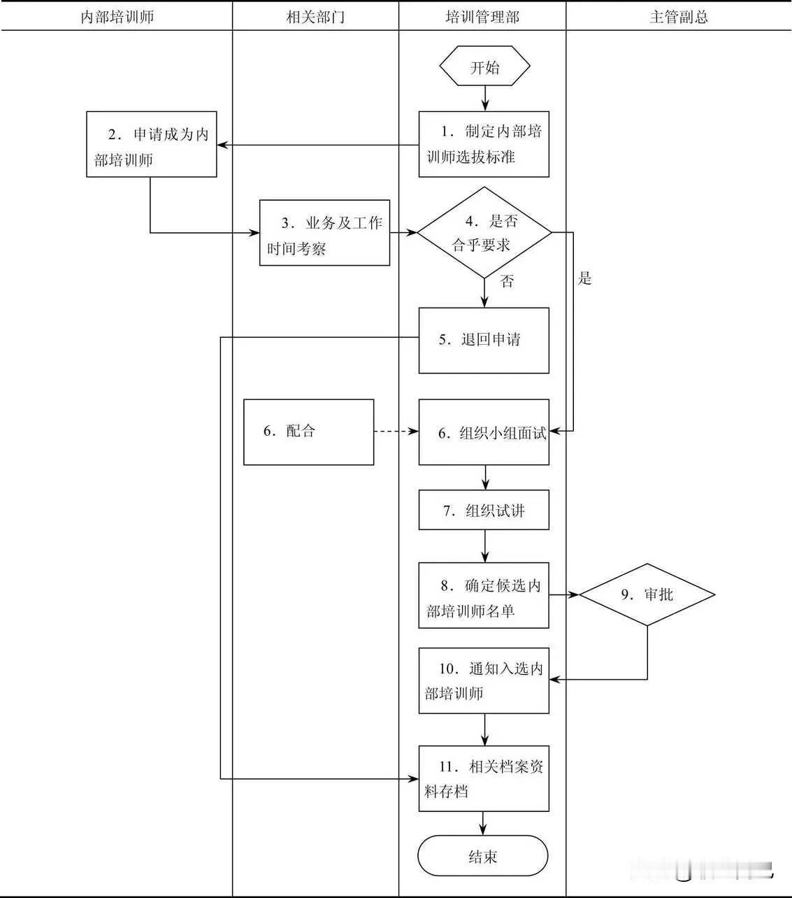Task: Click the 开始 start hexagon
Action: click(x=484, y=67)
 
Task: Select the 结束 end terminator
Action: click(x=483, y=856)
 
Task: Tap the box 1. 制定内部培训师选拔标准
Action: click(x=484, y=144)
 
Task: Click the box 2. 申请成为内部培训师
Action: click(x=152, y=144)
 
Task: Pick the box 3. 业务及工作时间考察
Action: click(x=324, y=233)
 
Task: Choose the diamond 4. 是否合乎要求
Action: click(x=484, y=232)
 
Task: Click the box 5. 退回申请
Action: click(x=484, y=340)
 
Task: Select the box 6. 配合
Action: click(x=308, y=432)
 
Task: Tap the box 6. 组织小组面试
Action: click(x=484, y=432)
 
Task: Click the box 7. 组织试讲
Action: click(x=484, y=510)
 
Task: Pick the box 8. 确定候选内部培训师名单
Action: click(x=484, y=595)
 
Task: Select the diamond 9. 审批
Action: click(x=647, y=594)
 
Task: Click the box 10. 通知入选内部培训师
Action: click(x=484, y=680)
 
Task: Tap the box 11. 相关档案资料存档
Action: click(x=484, y=778)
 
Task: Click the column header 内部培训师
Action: click(x=117, y=17)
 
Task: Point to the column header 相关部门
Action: click(x=315, y=17)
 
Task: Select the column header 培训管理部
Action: click(x=482, y=17)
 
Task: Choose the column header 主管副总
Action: click(x=678, y=17)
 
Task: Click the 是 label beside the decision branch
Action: click(x=585, y=278)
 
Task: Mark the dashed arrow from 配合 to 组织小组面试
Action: click(x=396, y=432)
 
